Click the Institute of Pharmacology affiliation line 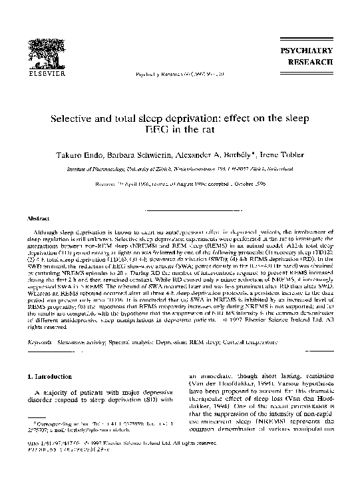180,170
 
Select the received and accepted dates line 180,184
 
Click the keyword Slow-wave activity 82,344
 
